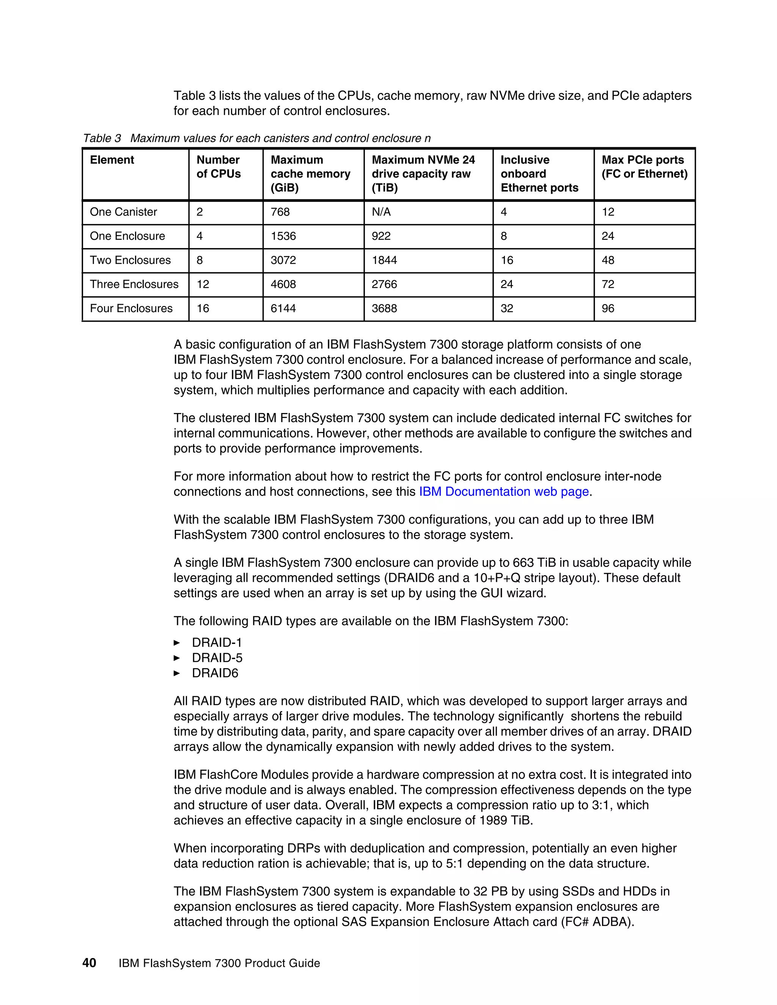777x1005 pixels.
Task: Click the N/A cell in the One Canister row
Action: [x=381, y=212]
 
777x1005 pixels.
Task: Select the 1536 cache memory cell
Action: [x=283, y=236]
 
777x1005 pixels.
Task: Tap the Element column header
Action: [x=112, y=160]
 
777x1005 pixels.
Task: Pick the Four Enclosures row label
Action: [x=131, y=308]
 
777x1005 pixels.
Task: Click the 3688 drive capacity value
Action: [x=384, y=308]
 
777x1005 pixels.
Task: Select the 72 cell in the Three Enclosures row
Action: [x=608, y=284]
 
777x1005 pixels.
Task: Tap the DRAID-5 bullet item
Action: [x=217, y=658]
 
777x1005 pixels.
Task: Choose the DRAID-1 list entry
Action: [x=217, y=642]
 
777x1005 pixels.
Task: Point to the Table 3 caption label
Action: [x=102, y=138]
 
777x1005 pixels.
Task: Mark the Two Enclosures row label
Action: [x=130, y=261]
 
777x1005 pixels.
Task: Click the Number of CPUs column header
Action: [x=219, y=166]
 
